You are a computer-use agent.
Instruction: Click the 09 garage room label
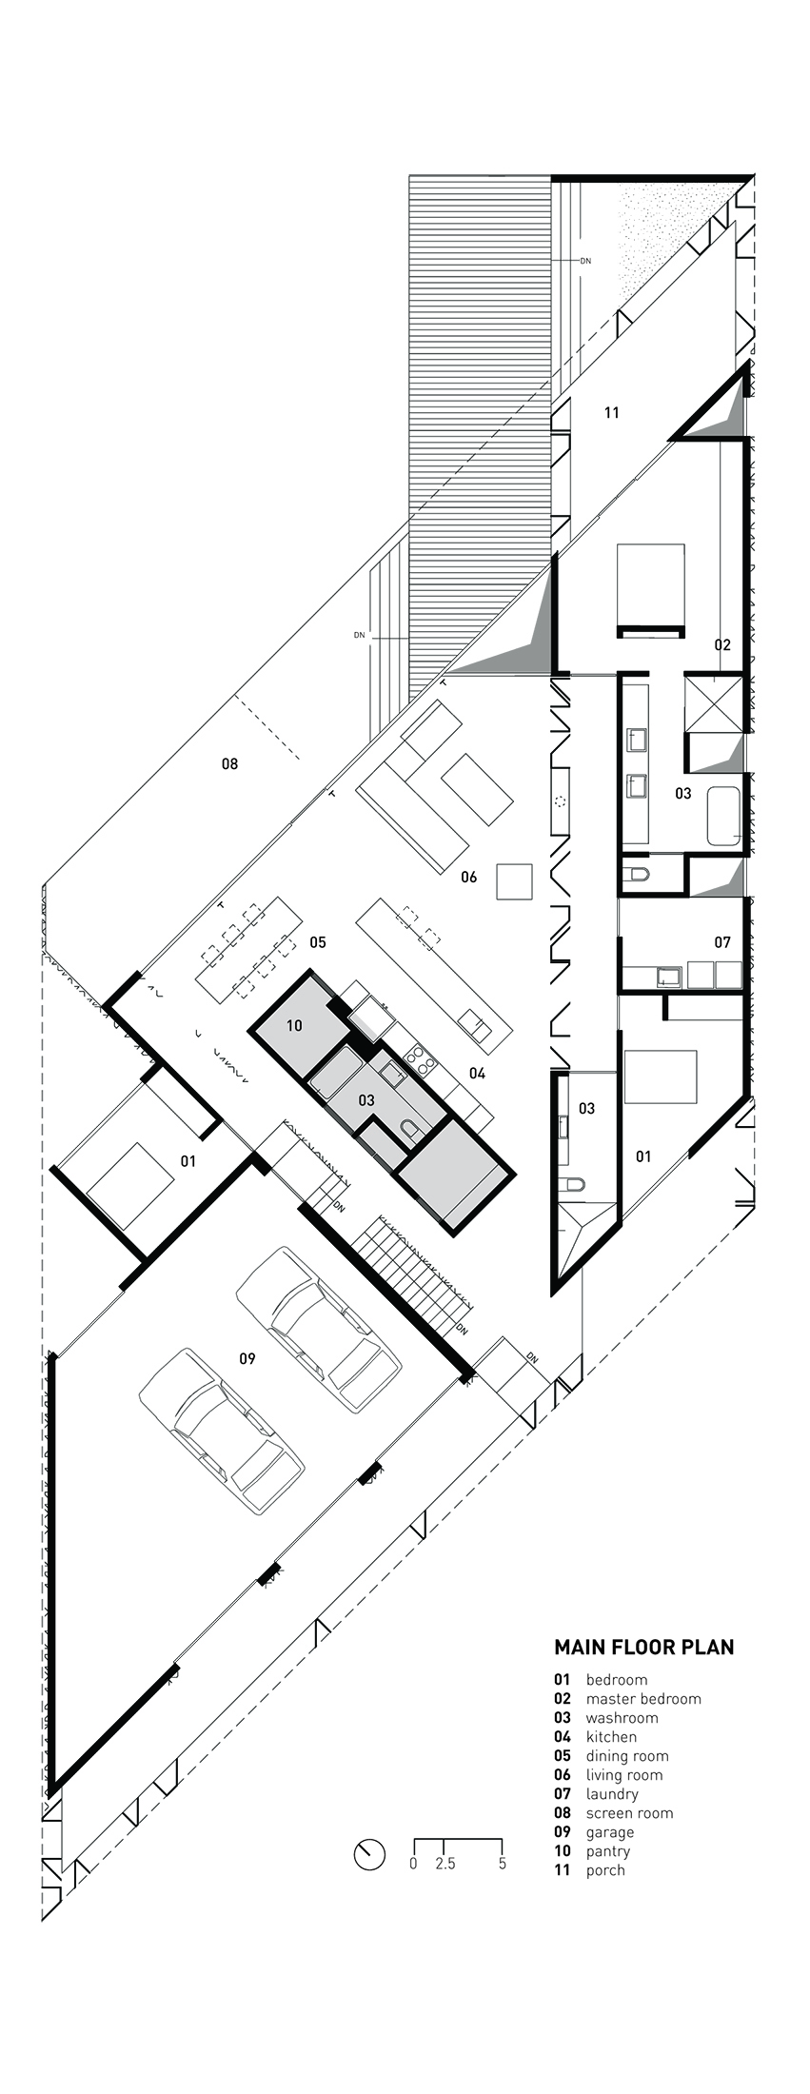click(x=247, y=1358)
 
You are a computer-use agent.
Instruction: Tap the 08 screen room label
click(x=229, y=763)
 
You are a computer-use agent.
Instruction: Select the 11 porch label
click(x=612, y=412)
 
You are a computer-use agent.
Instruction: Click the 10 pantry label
click(x=294, y=1025)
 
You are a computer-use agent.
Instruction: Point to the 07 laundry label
click(x=722, y=941)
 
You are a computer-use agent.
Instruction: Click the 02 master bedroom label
click(x=722, y=644)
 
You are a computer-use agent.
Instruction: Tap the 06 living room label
click(x=468, y=877)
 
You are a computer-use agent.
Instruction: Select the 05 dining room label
click(x=317, y=942)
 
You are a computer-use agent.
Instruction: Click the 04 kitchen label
click(x=477, y=1073)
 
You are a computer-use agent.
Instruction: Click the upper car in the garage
click(x=318, y=1328)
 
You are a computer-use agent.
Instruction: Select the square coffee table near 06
click(x=515, y=880)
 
